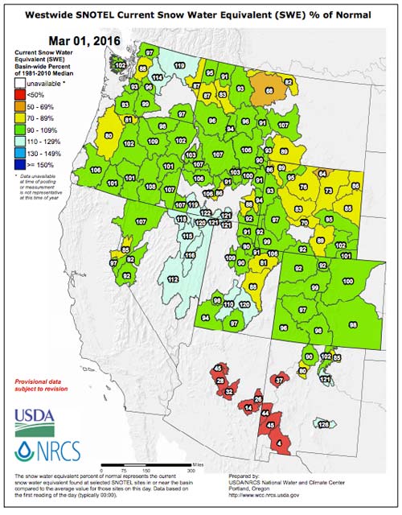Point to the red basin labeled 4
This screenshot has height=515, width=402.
278,442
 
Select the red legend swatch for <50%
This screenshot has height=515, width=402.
20,95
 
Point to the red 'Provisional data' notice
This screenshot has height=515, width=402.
42,382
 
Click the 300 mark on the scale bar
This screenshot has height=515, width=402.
191,469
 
